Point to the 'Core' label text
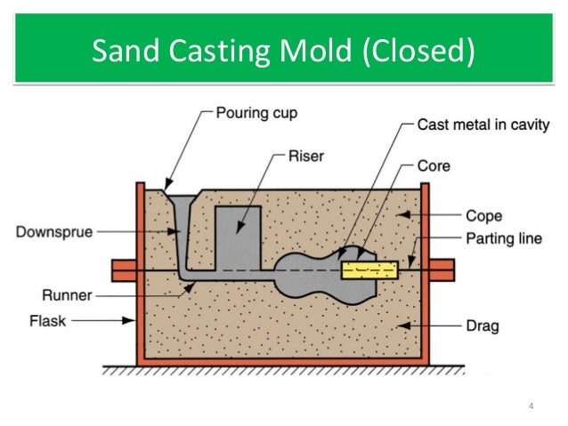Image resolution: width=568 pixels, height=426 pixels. coord(434,165)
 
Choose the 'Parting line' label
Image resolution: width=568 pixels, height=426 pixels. coord(492,238)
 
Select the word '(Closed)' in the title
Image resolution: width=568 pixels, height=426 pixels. coord(419,52)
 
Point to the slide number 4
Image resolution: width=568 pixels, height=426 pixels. coord(531,406)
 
